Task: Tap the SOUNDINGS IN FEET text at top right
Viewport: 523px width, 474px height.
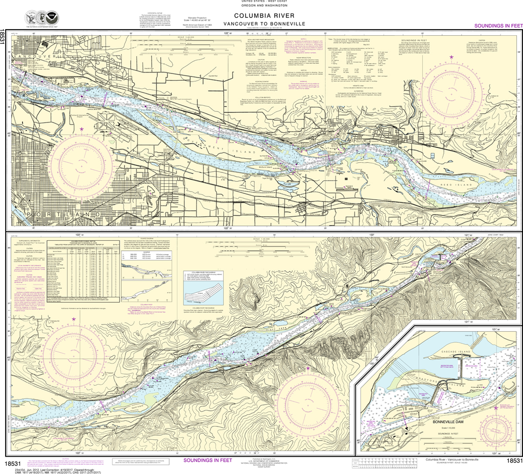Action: (x=498, y=26)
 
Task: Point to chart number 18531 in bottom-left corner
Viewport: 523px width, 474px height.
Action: (x=12, y=463)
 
